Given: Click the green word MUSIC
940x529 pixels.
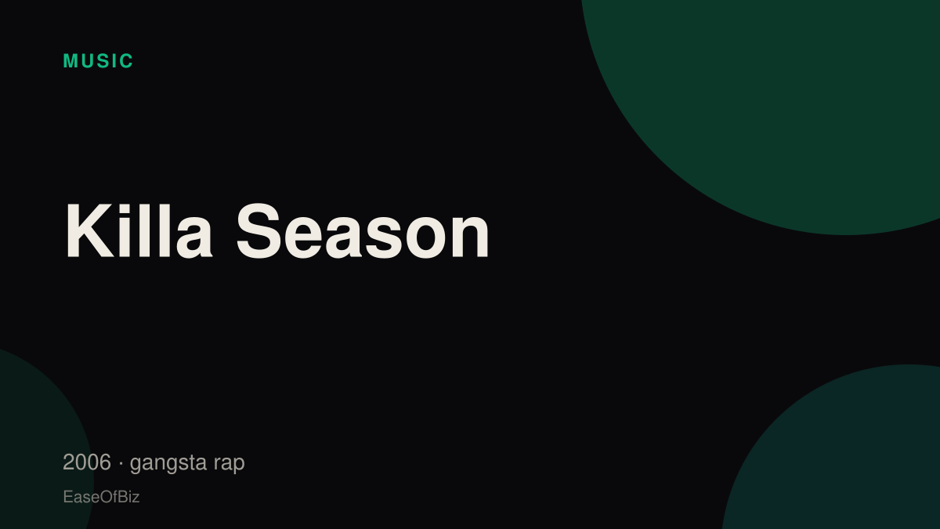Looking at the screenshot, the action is pyautogui.click(x=98, y=61).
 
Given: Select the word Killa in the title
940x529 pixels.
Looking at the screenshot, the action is pyautogui.click(x=139, y=230).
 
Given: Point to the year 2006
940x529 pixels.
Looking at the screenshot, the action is pyautogui.click(x=87, y=462).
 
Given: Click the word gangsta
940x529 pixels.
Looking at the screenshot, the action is pyautogui.click(x=168, y=463).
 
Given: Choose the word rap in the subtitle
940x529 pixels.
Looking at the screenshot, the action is pyautogui.click(x=229, y=464).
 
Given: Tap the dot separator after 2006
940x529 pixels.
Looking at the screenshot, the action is pyautogui.click(x=121, y=463).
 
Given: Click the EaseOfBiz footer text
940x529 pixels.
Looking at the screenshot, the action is pyautogui.click(x=101, y=497).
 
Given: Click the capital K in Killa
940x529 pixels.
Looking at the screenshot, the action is pyautogui.click(x=89, y=230).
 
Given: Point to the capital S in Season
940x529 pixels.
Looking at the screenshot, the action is pyautogui.click(x=259, y=230).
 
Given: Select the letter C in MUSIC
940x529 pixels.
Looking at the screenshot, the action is pyautogui.click(x=126, y=61).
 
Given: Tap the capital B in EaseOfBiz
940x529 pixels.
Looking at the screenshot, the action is pyautogui.click(x=122, y=497).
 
